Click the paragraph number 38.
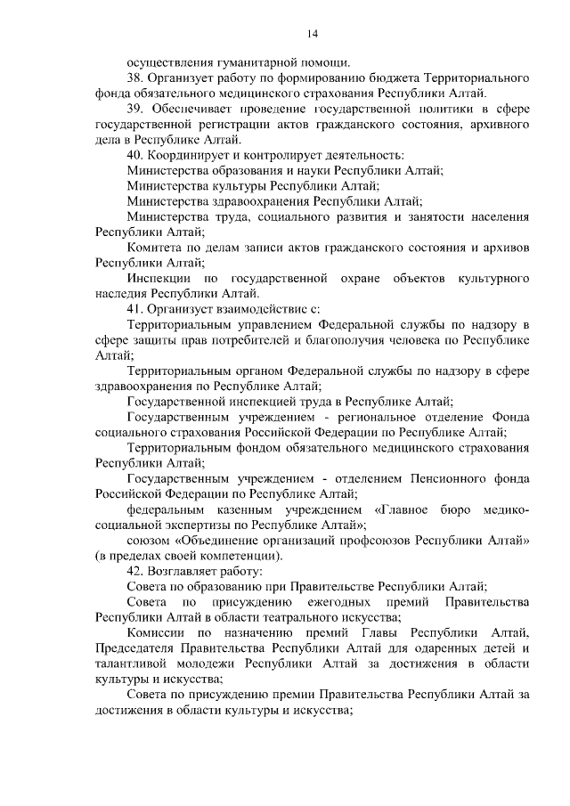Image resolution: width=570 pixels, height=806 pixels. click(135, 78)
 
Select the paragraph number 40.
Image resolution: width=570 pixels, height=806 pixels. click(135, 154)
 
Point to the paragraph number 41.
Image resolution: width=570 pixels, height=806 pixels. click(135, 308)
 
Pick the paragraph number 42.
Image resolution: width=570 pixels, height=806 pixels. click(135, 570)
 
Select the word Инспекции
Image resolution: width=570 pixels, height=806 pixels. click(158, 278)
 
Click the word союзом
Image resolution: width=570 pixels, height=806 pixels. click(148, 540)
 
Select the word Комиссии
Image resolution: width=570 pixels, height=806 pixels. click(157, 632)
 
